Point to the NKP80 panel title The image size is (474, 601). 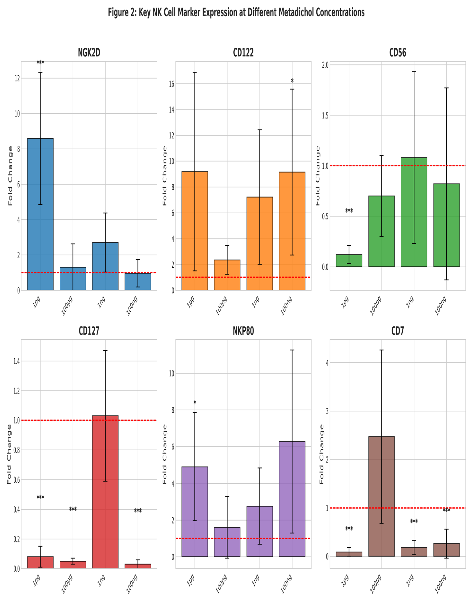[243, 331]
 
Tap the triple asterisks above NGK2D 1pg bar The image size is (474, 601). [40, 62]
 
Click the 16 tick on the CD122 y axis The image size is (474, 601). [172, 84]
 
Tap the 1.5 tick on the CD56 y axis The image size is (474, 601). [325, 116]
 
